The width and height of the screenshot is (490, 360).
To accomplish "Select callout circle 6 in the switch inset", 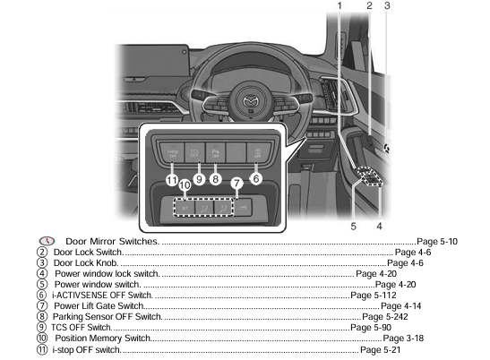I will [256, 178].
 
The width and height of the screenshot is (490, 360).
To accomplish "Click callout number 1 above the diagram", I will [340, 6].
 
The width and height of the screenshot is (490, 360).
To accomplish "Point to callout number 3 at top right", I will [387, 6].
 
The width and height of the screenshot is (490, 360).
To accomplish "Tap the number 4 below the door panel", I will [379, 227].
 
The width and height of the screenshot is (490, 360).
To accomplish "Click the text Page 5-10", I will [437, 242].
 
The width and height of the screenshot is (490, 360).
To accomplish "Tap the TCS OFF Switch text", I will [87, 327].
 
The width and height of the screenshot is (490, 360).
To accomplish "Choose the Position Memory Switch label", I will [102, 338].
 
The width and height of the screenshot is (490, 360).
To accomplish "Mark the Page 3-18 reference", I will [403, 338].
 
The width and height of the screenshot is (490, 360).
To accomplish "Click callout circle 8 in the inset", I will [216, 179].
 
